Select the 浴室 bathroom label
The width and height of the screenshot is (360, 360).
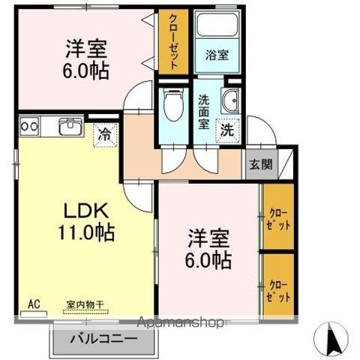tap(215, 54)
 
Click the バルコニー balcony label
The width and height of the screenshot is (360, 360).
tap(104, 339)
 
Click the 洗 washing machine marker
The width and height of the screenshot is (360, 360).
tap(226, 129)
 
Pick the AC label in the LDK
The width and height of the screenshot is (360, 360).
tap(33, 304)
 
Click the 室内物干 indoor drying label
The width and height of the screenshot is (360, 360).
tap(84, 304)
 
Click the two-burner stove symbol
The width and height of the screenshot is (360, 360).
tap(29, 126)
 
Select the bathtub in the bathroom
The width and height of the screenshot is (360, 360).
tap(216, 27)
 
